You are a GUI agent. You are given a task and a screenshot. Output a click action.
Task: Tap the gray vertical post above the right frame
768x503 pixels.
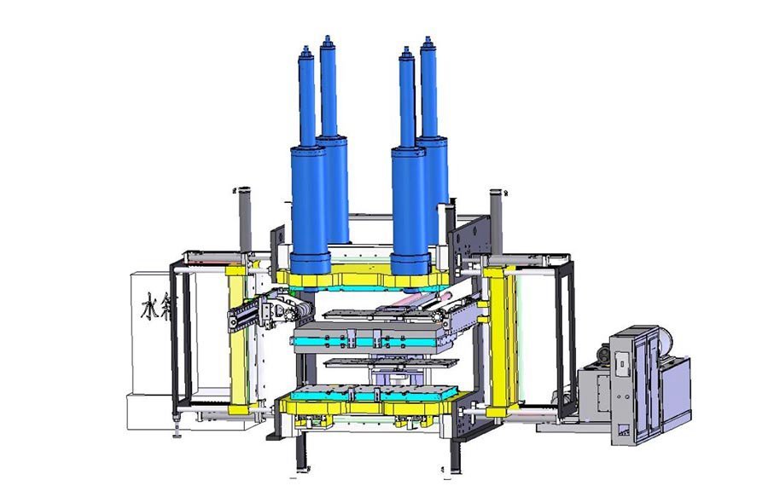[496, 218]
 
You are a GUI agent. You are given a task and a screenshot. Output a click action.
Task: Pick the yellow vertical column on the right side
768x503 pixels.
[497, 332]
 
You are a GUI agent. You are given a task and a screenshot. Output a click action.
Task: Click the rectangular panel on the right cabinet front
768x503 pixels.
[622, 363]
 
